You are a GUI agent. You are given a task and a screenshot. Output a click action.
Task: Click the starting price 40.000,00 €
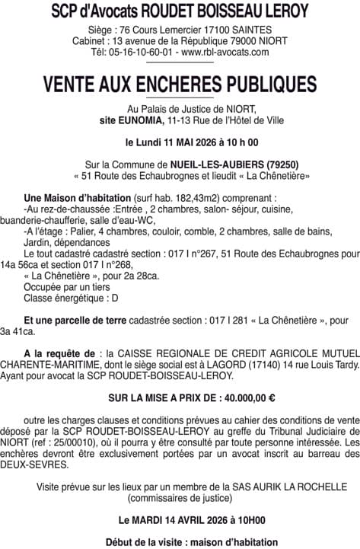[247, 397]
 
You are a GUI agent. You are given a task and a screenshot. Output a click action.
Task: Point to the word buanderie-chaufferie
[55, 219]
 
